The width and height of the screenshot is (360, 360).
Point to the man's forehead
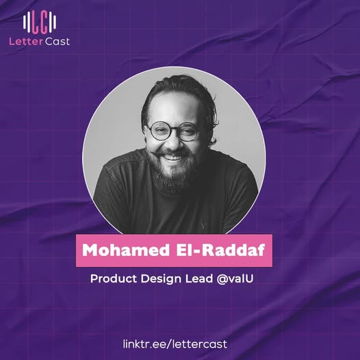tap(175, 110)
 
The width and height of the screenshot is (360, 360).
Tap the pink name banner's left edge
tap(76, 250)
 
